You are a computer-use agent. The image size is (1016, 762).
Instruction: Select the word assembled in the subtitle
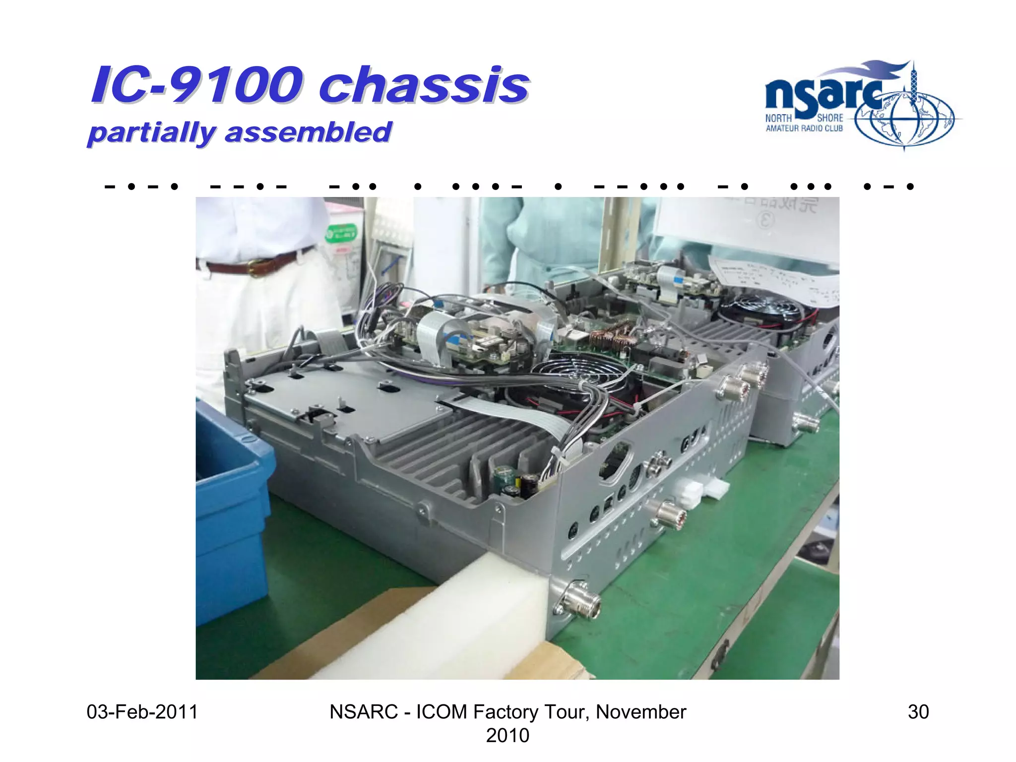pos(308,132)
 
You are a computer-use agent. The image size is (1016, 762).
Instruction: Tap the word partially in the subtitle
pos(151,132)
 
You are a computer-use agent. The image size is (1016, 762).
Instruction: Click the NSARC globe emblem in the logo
pos(904,120)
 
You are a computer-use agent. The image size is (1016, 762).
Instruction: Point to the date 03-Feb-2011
pos(142,712)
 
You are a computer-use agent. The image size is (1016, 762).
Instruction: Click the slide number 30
pos(918,712)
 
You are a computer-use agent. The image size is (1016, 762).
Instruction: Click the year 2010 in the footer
pos(508,735)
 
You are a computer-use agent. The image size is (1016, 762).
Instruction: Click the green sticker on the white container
pos(341,233)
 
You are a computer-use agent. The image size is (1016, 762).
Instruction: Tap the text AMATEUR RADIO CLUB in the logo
pos(804,128)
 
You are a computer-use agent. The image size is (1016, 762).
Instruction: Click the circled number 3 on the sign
pos(765,219)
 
